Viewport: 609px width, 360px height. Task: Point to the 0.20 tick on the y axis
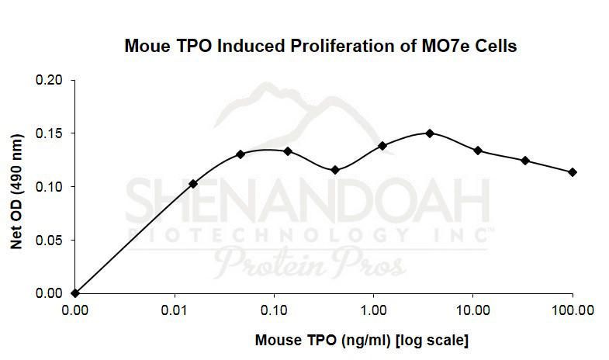(x=52, y=80)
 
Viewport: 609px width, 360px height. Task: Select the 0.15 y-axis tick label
(x=52, y=133)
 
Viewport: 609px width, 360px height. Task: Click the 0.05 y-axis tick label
(x=52, y=240)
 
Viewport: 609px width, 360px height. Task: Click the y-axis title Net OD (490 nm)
(x=16, y=186)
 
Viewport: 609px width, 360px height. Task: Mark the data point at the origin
(x=74, y=293)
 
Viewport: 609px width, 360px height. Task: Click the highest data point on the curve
(x=429, y=133)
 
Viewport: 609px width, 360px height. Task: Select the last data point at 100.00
(x=573, y=172)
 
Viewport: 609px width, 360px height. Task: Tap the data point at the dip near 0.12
(x=334, y=170)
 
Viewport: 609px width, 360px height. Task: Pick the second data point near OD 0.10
(x=193, y=184)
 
